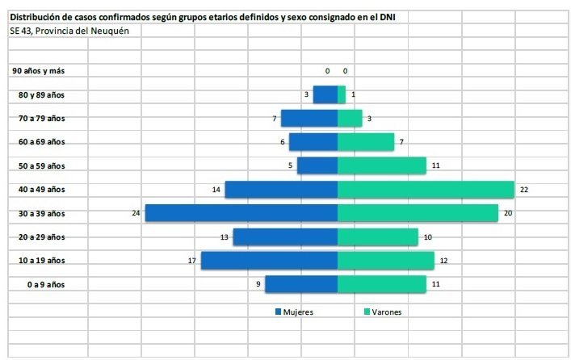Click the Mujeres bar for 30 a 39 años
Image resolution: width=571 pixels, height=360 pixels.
[241, 213]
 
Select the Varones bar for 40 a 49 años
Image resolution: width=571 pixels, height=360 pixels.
[426, 190]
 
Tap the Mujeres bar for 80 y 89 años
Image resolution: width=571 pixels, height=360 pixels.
[325, 94]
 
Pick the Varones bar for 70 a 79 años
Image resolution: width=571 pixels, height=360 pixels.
[350, 119]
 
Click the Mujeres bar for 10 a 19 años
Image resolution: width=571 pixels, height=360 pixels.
[269, 261]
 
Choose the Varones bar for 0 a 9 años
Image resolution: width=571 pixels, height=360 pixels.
[381, 284]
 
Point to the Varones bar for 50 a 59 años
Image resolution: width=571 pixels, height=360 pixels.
[381, 165]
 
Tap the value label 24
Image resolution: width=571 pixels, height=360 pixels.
[136, 213]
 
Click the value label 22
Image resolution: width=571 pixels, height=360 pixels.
[523, 190]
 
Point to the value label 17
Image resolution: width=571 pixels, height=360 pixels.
[192, 261]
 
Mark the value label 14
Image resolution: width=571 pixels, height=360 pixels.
[216, 190]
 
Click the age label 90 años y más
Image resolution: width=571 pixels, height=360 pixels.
[38, 71]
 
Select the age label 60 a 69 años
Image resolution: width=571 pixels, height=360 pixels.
[41, 142]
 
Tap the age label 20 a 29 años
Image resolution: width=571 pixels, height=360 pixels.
[41, 237]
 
